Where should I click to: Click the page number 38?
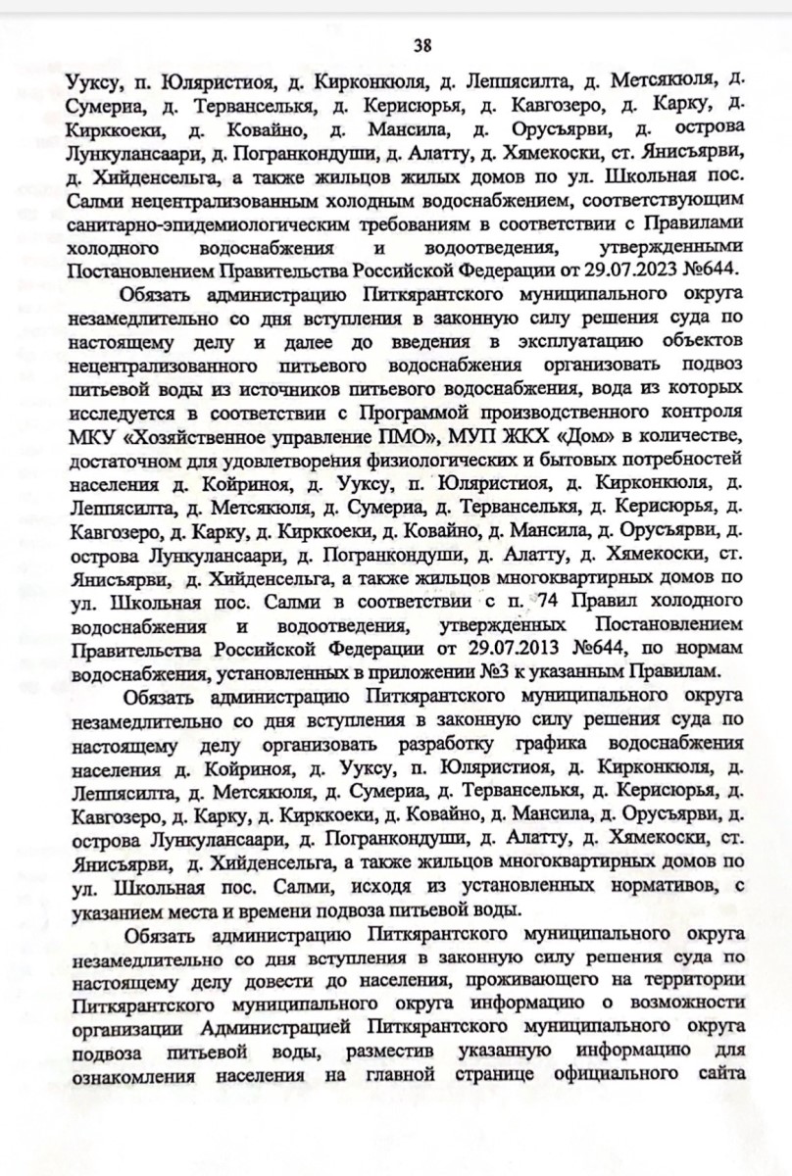423,45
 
